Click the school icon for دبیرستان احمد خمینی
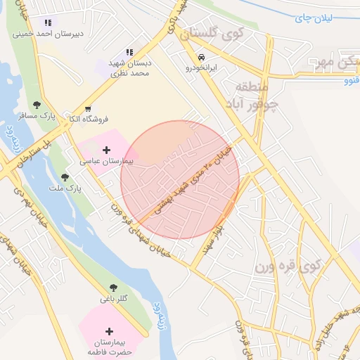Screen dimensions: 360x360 click(47, 23)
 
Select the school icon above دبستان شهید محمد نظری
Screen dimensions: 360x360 click(129, 52)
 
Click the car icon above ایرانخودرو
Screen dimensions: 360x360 click(202, 58)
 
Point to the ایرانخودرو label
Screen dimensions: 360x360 click(202, 68)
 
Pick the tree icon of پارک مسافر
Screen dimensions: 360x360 click(37, 105)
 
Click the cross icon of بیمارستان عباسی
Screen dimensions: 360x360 click(106, 150)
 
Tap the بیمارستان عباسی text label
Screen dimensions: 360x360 click(105, 161)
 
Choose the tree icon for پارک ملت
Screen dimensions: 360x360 click(65, 178)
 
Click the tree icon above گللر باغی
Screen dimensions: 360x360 click(113, 288)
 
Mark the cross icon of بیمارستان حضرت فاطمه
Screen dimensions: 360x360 click(109, 331)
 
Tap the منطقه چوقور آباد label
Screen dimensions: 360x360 click(252, 96)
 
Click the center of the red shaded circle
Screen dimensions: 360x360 click(180, 180)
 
